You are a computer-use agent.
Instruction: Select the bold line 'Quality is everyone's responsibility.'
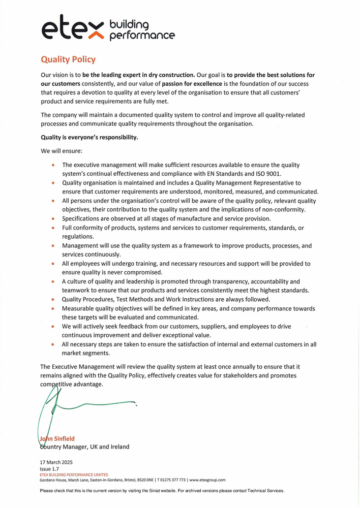(89, 137)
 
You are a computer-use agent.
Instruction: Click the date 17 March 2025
(56, 463)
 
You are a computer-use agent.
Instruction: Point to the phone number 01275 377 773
(170, 480)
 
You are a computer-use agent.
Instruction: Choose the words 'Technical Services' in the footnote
(264, 491)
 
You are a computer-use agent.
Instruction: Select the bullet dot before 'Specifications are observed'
(53, 219)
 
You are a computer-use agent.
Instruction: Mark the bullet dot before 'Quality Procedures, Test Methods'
(53, 300)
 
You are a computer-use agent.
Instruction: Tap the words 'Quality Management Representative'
(242, 182)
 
